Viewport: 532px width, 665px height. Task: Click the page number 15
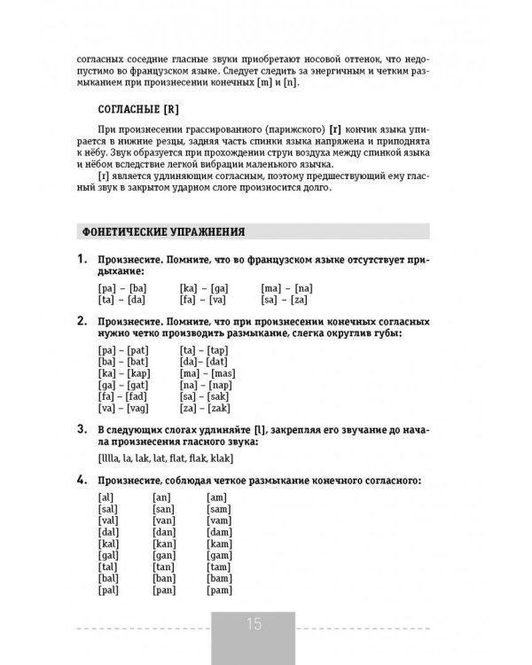(254, 624)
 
